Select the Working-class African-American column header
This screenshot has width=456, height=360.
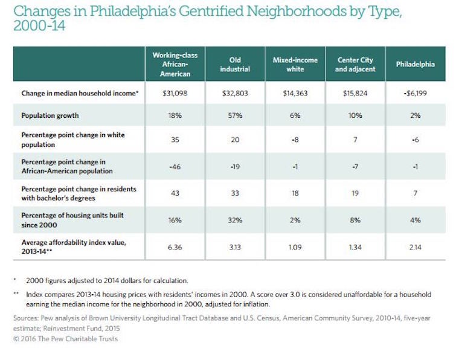coord(175,64)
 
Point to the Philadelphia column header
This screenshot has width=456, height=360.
coord(415,65)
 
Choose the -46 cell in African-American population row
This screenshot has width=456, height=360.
coord(175,167)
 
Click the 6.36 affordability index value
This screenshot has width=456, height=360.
coord(175,246)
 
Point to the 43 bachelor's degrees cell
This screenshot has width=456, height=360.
coord(175,193)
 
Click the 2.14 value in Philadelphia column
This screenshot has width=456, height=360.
coord(415,246)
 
